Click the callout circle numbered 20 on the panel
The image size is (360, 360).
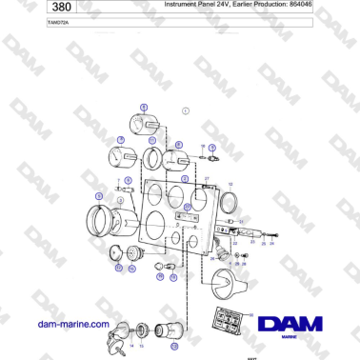(x=189, y=207)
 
